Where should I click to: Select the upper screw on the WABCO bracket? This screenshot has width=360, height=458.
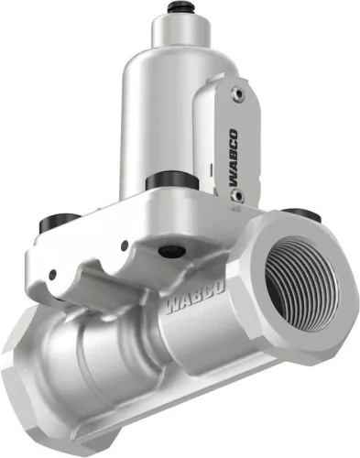(239, 93)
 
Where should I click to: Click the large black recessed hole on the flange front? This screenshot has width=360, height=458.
(168, 250)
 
